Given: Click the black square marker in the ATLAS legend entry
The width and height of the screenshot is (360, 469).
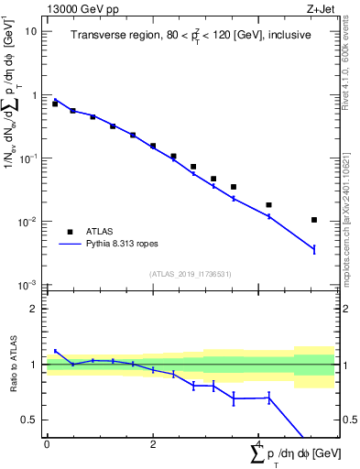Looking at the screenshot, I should click(70, 231).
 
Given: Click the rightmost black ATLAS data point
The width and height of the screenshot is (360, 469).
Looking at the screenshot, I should click(314, 220).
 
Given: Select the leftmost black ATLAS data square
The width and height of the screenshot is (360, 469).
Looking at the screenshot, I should click(55, 104).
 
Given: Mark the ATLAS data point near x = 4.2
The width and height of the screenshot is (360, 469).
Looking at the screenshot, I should click(268, 205).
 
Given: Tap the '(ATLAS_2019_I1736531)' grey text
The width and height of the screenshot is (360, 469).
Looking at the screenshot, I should click(191, 274).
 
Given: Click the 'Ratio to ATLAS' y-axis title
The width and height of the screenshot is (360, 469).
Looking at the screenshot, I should click(11, 365).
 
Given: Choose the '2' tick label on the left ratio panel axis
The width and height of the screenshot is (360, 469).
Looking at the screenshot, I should click(34, 309).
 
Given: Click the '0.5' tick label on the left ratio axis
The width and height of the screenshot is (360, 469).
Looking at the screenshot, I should click(30, 420).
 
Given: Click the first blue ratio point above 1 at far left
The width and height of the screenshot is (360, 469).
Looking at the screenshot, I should click(55, 351).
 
